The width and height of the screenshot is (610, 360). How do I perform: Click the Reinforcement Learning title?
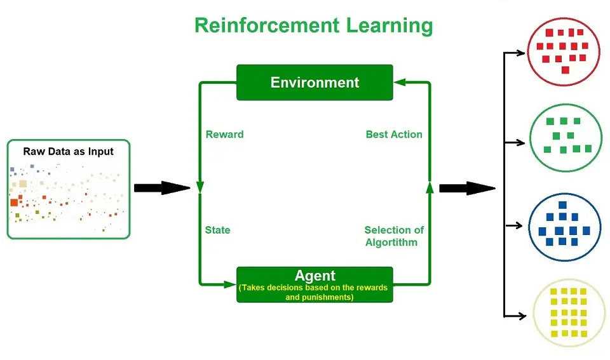pyautogui.click(x=314, y=25)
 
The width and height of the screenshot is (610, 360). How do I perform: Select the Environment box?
pyautogui.click(x=315, y=83)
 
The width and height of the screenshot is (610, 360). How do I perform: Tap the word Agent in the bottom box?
pyautogui.click(x=315, y=276)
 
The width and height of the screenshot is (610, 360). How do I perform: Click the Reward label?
pyautogui.click(x=224, y=135)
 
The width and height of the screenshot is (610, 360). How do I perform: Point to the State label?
pyautogui.click(x=217, y=230)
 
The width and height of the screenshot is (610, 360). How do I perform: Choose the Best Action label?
pyautogui.click(x=394, y=135)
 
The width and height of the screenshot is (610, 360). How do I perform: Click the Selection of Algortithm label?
pyautogui.click(x=394, y=236)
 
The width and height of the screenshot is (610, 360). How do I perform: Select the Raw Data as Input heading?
pyautogui.click(x=69, y=151)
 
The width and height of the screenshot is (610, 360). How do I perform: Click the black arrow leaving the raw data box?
pyautogui.click(x=162, y=188)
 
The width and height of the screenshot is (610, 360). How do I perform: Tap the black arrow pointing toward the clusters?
pyautogui.click(x=467, y=188)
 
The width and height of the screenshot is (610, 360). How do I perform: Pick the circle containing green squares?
pyautogui.click(x=563, y=138)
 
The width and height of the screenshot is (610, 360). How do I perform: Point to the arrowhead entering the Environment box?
pyautogui.click(x=399, y=83)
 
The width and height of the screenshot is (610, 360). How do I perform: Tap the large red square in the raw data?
pyautogui.click(x=14, y=203)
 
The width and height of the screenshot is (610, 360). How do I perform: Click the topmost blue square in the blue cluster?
pyautogui.click(x=562, y=205)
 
